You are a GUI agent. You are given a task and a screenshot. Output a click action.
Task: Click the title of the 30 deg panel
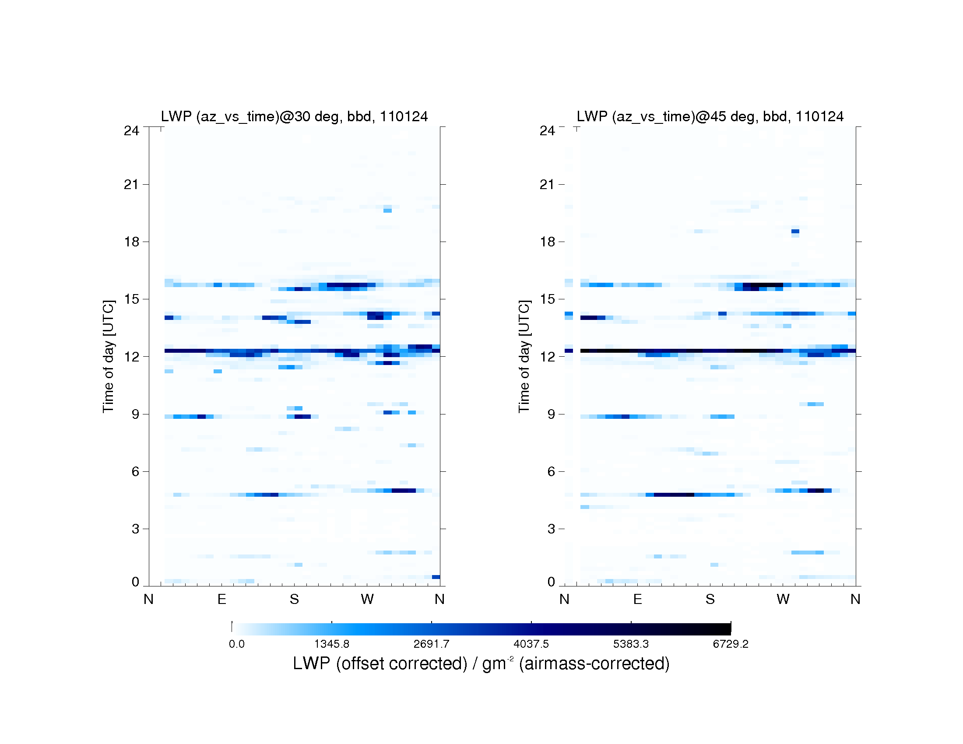(294, 116)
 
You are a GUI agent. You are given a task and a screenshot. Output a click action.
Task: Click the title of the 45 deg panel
(710, 116)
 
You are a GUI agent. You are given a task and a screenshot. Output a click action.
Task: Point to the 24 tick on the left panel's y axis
(131, 130)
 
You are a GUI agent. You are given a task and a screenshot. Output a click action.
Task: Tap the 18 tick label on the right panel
(547, 242)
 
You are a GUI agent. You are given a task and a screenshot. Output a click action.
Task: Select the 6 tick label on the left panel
(135, 472)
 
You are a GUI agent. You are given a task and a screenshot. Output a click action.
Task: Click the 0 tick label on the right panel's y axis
(551, 582)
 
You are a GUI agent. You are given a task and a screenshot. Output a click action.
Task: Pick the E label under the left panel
(222, 599)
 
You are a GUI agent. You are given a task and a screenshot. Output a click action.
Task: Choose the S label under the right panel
(710, 599)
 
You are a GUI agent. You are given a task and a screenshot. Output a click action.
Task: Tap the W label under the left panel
(367, 599)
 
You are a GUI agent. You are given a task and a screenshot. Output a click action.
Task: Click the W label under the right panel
(783, 599)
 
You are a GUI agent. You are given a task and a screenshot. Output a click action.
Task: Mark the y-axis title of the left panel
(109, 356)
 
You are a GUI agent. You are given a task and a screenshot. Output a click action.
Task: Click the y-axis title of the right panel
(524, 356)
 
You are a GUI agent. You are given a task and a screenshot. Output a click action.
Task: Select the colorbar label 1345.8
(332, 644)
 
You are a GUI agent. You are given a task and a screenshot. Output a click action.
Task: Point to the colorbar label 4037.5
(531, 644)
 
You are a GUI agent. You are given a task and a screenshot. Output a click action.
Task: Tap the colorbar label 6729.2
(731, 644)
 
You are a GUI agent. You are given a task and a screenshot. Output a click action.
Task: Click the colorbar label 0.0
(237, 644)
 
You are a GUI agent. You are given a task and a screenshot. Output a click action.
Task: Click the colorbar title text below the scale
(481, 663)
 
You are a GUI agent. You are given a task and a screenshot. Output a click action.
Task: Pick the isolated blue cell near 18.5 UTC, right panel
(795, 231)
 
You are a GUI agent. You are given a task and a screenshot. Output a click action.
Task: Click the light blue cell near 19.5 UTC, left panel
(387, 210)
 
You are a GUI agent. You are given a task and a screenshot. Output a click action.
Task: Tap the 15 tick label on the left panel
(131, 299)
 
